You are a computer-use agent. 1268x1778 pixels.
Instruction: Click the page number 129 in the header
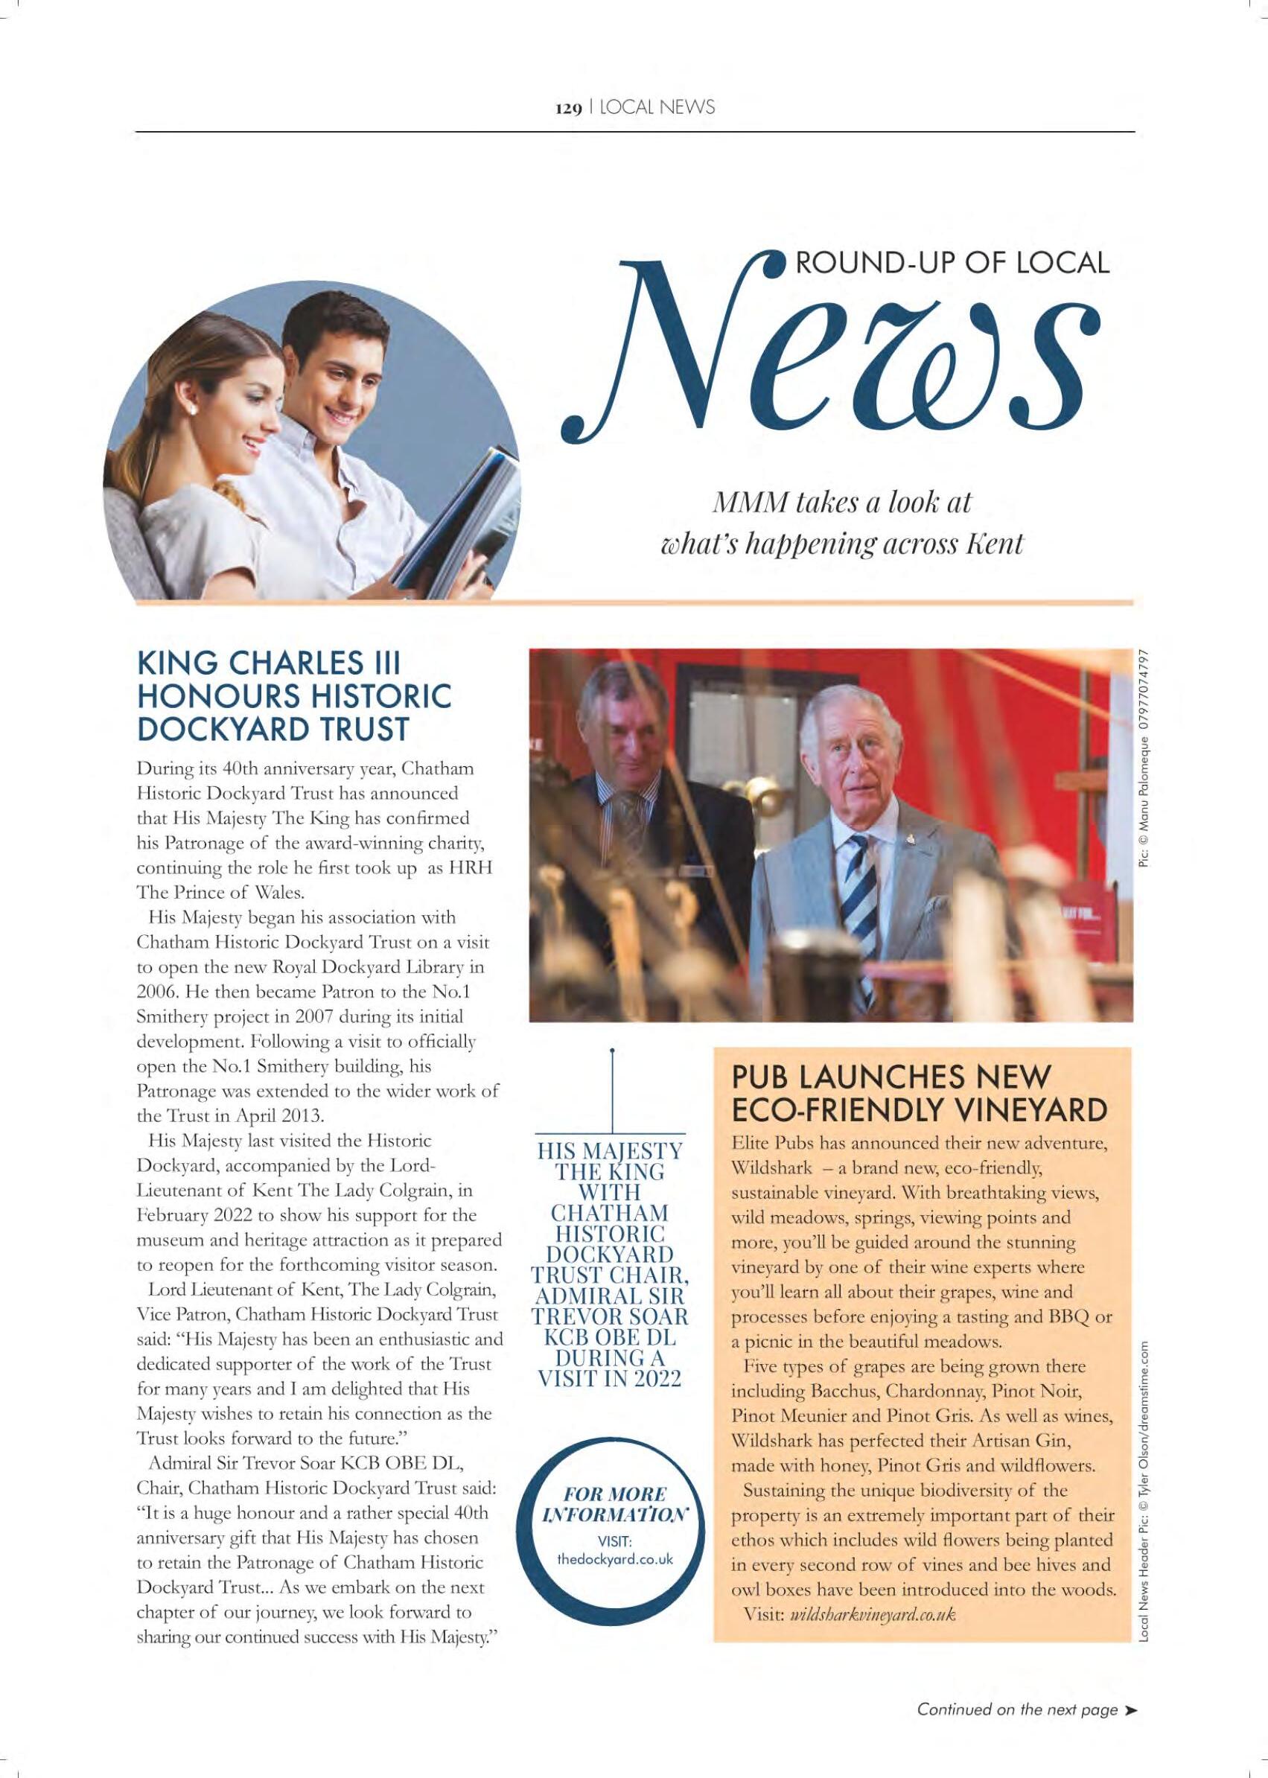point(567,109)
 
